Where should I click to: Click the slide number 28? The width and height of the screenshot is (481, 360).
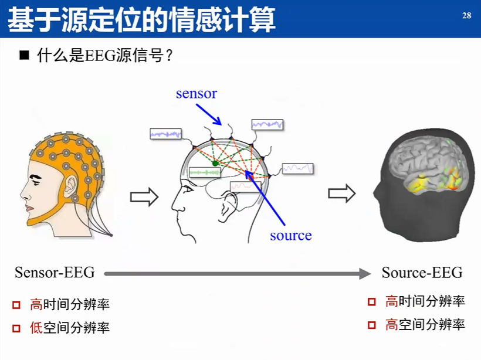pos(467,16)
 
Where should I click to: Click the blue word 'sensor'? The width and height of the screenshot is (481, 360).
pos(197,93)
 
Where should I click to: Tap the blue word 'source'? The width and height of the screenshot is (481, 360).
pos(290,236)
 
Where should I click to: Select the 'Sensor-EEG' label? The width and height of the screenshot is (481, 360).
pos(55,273)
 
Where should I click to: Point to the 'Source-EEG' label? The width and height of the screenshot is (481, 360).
pos(422,273)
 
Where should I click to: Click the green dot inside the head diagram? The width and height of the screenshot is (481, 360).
pos(215,163)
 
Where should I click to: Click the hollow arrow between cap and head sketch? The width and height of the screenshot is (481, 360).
pos(144,196)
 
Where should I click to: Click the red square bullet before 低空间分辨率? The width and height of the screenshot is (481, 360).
pos(16,328)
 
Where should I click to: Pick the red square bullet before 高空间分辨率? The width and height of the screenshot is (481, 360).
pos(371,325)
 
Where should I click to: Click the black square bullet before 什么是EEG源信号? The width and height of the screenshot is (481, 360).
pos(24,56)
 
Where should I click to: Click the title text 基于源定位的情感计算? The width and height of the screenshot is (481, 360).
pos(141,20)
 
